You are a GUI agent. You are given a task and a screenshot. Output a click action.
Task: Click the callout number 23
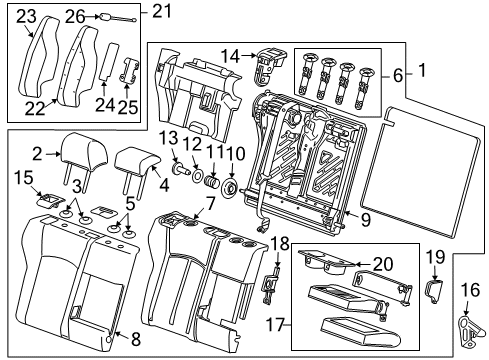(25, 15)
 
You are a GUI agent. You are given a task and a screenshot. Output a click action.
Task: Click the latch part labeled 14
(265, 64)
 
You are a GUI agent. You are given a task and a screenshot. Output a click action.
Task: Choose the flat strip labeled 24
(104, 63)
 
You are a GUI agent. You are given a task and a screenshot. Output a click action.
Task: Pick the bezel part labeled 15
(47, 200)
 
